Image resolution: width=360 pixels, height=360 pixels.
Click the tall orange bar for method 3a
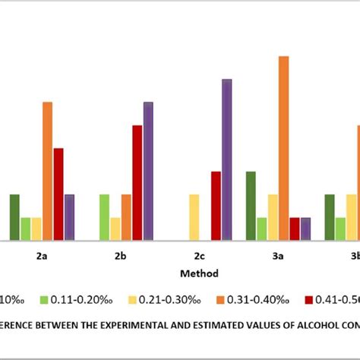(284, 148)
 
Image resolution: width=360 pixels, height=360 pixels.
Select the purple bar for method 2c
(226, 159)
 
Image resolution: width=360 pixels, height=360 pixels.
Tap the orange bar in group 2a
(47, 171)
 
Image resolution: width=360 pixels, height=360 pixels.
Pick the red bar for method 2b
(137, 182)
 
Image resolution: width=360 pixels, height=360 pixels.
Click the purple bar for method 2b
(148, 171)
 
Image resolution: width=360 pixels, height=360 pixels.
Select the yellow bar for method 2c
(194, 217)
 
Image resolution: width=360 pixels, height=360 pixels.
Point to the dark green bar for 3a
(251, 206)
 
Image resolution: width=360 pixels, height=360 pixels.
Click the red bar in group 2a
(58, 194)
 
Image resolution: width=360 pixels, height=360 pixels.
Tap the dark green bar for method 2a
(14, 217)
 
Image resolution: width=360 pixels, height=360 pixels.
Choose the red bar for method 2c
(216, 206)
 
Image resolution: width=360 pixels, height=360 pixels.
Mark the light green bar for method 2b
(104, 217)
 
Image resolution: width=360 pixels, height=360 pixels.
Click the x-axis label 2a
(42, 257)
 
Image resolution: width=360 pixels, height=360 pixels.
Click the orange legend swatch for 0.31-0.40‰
(220, 298)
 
